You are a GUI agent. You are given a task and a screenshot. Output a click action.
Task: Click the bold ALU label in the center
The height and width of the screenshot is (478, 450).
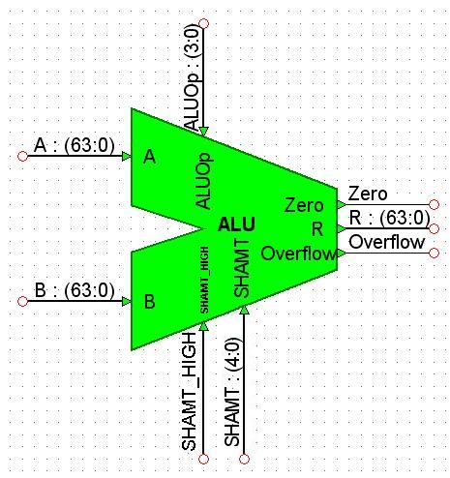click(x=236, y=224)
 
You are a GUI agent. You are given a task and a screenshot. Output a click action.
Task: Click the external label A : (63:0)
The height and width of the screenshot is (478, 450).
click(x=75, y=145)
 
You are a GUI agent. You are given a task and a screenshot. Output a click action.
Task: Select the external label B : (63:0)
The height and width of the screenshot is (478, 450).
click(x=75, y=290)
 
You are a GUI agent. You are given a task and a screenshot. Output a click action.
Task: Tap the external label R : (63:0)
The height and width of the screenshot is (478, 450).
click(x=389, y=218)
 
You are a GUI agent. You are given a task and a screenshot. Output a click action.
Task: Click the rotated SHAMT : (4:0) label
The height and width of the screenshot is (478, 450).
click(x=232, y=392)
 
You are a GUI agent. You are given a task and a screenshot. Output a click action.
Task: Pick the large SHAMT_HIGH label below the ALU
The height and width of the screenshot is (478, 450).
click(x=189, y=391)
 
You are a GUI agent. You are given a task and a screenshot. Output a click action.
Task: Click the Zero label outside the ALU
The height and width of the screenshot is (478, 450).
click(x=368, y=194)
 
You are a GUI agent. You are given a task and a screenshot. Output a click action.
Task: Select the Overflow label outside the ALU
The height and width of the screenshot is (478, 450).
click(x=386, y=242)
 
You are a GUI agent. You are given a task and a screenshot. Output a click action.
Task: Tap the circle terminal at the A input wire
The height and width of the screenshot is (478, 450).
click(x=22, y=157)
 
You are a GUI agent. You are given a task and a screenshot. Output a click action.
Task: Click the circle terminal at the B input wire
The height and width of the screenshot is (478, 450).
click(x=22, y=302)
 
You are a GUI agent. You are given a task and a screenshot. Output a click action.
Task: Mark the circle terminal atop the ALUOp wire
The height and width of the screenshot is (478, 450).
click(x=204, y=23)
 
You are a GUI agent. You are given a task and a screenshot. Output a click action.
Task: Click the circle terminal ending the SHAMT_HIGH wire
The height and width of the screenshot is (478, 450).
click(x=203, y=459)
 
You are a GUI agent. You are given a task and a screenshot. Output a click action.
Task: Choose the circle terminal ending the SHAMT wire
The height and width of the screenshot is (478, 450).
click(x=244, y=459)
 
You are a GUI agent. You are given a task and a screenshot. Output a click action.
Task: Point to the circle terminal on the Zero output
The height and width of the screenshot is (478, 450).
click(x=435, y=204)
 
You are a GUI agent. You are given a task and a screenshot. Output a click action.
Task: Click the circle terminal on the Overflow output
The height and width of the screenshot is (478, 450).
click(x=435, y=253)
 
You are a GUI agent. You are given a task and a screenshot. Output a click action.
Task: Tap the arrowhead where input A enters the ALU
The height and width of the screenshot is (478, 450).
click(x=127, y=157)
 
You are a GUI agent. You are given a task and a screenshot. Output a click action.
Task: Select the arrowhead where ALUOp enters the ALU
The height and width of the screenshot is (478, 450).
click(x=203, y=131)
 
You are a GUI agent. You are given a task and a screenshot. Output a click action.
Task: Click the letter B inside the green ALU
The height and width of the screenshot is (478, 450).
click(x=149, y=302)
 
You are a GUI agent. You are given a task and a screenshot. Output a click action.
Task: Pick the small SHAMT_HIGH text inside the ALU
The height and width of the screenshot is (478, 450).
click(x=204, y=280)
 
